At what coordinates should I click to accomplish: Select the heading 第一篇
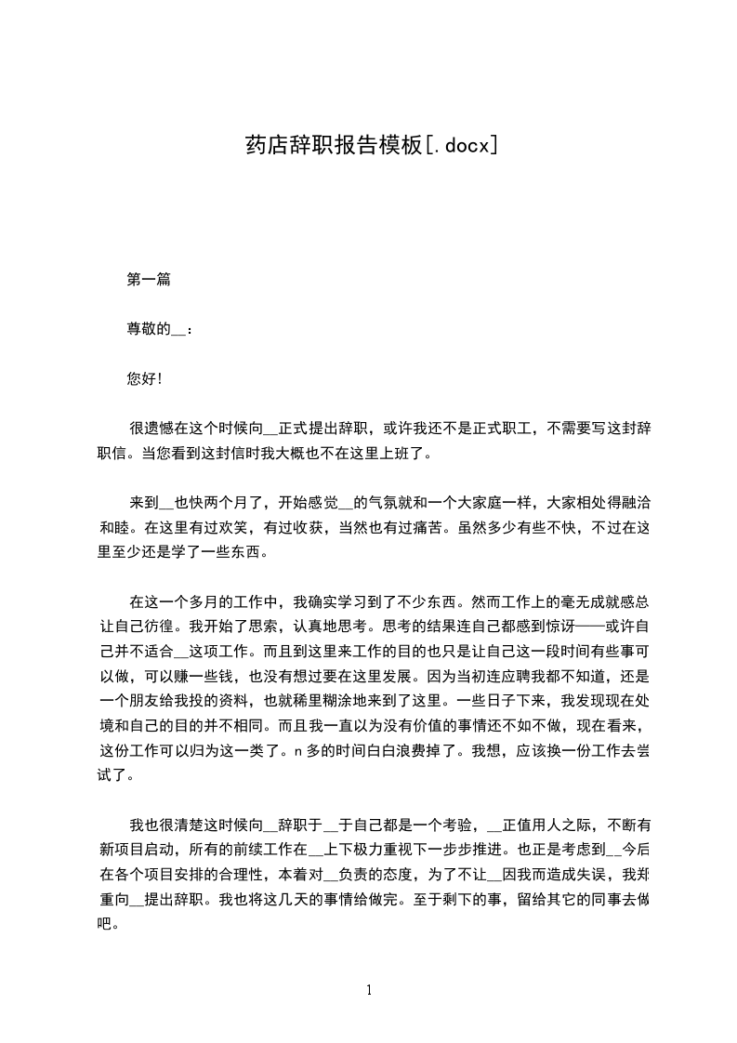point(148,279)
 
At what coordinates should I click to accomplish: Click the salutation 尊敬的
point(148,328)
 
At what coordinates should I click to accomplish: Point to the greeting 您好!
point(144,378)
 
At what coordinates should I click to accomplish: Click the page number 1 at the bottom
point(369,990)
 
